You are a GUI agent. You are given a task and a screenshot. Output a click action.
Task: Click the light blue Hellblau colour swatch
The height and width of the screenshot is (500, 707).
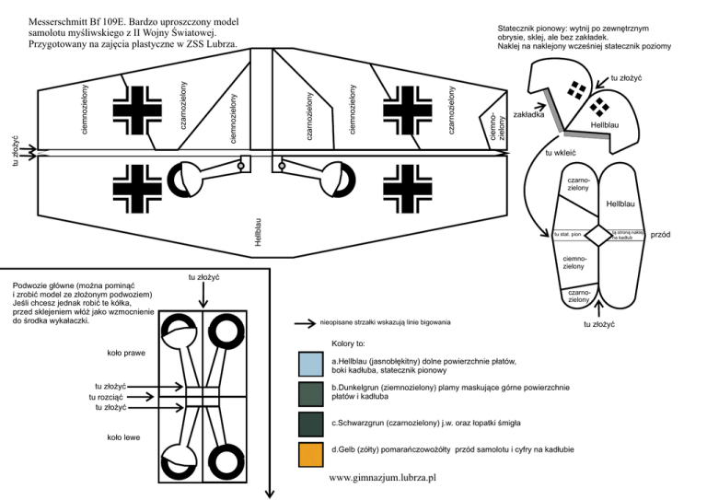(x=310, y=366)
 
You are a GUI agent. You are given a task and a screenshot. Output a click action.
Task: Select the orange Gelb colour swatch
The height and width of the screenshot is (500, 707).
(x=310, y=454)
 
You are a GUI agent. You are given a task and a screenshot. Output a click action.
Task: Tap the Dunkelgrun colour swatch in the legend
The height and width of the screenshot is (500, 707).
(x=310, y=394)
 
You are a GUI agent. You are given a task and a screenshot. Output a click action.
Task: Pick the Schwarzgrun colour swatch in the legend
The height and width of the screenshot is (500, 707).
(x=310, y=424)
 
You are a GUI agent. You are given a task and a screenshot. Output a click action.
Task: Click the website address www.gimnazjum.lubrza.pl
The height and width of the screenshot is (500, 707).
(x=381, y=480)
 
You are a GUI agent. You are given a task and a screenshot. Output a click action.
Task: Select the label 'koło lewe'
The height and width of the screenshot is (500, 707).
(x=123, y=437)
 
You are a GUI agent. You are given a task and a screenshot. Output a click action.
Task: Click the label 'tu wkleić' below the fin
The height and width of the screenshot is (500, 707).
(x=560, y=152)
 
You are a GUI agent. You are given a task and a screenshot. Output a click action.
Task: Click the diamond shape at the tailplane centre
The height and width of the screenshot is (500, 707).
(x=599, y=236)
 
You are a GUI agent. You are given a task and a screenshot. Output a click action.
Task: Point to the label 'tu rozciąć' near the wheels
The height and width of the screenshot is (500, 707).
(x=109, y=397)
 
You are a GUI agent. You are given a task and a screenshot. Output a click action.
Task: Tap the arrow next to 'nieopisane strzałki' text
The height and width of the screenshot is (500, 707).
(x=305, y=324)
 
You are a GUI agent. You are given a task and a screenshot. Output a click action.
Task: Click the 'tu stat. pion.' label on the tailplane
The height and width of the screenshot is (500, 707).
(x=565, y=236)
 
